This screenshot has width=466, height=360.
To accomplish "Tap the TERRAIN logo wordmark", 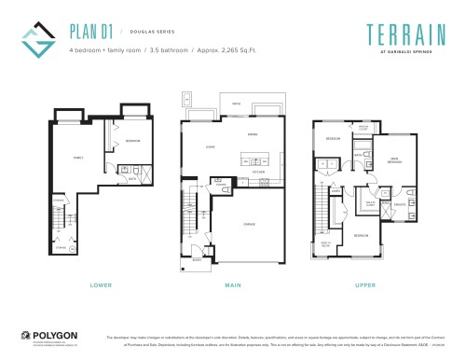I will click(x=391, y=29).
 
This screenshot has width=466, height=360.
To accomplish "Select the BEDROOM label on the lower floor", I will click(x=131, y=143).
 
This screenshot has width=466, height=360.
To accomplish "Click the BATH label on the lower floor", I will click(x=133, y=177).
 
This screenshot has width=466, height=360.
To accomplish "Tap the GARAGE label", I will click(x=250, y=224).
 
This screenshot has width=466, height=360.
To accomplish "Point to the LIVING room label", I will click(x=211, y=146).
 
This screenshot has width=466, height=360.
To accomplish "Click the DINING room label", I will click(x=252, y=134).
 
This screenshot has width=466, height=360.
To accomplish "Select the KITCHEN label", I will click(x=258, y=172).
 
